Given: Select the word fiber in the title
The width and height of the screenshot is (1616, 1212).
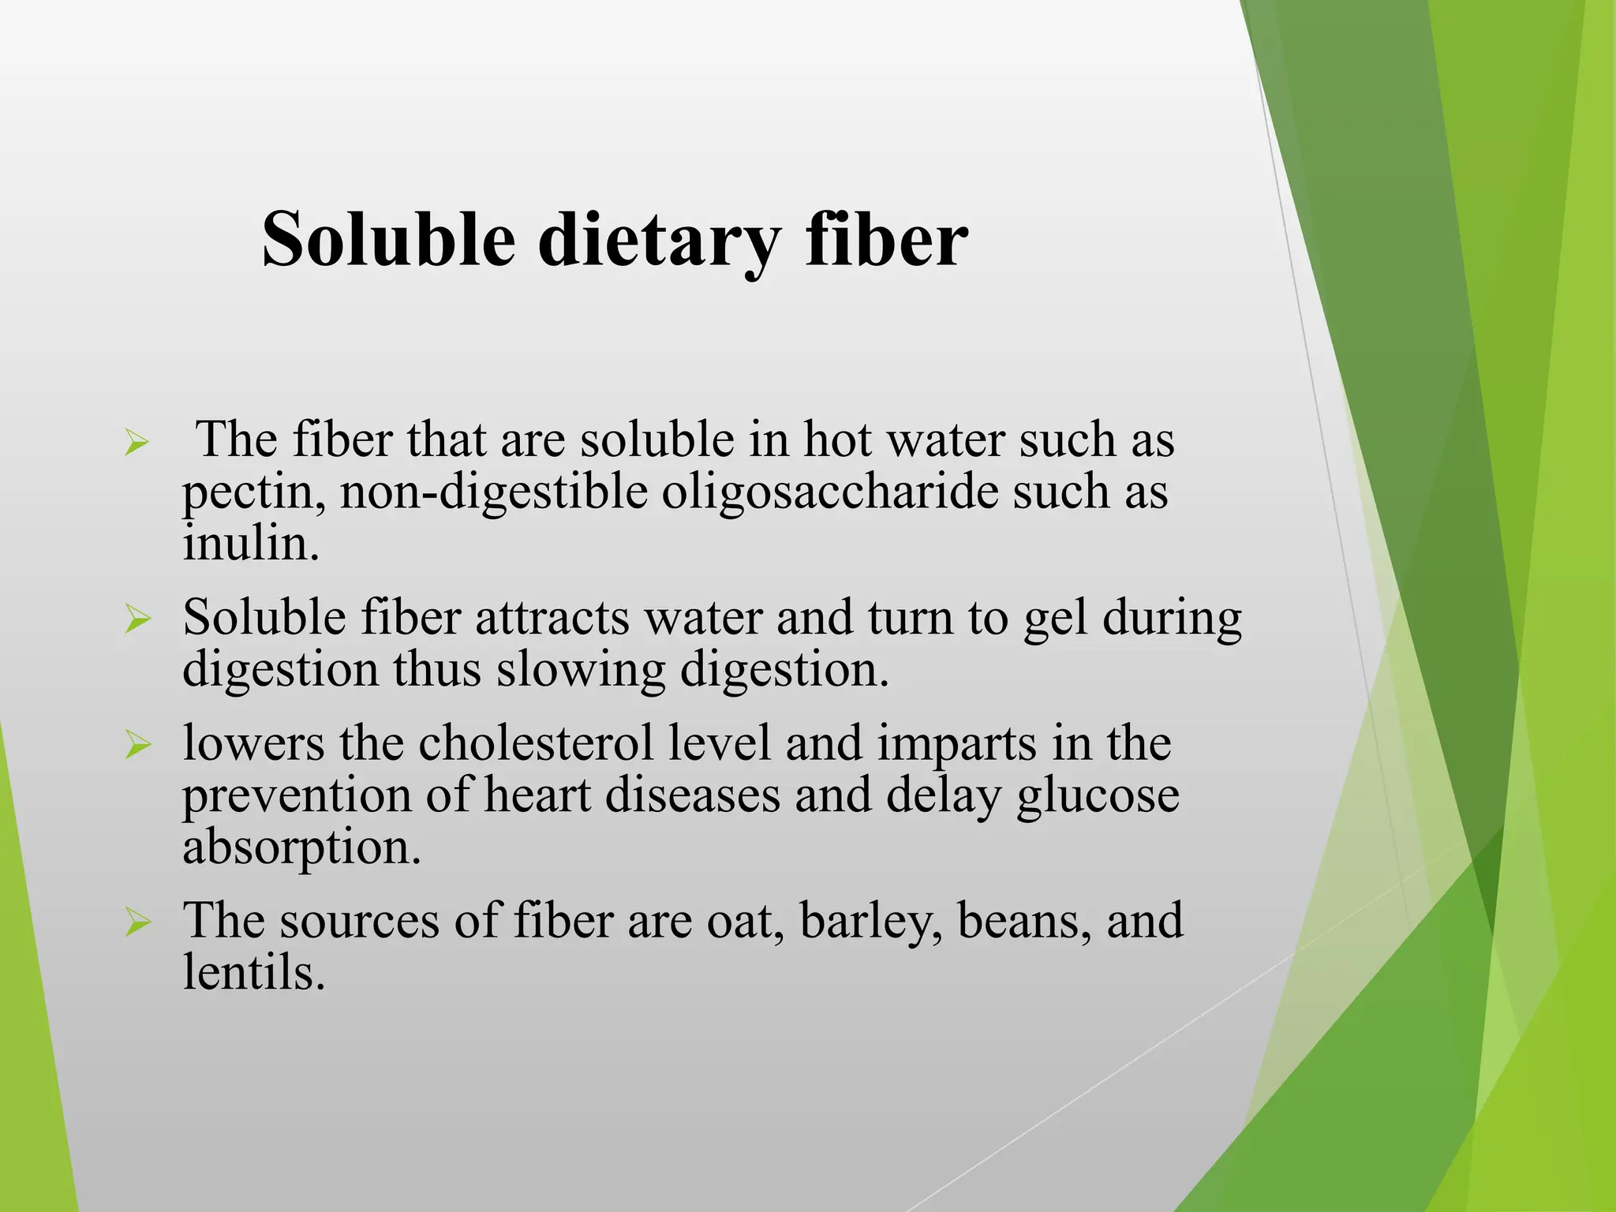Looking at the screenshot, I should click(887, 239).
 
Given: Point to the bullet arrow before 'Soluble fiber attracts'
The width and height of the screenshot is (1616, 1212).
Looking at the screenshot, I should click(137, 619).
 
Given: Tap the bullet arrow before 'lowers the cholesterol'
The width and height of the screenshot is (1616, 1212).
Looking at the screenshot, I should click(137, 745).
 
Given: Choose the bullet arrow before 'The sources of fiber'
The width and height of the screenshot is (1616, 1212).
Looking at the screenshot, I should click(137, 922).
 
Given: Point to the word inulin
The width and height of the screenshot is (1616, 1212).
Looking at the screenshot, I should click(251, 544).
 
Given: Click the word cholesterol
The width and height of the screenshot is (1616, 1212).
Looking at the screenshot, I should click(593, 743).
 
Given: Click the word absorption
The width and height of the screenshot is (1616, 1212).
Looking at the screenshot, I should click(302, 847).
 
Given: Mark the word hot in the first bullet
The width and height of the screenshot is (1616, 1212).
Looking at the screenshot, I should click(837, 440).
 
